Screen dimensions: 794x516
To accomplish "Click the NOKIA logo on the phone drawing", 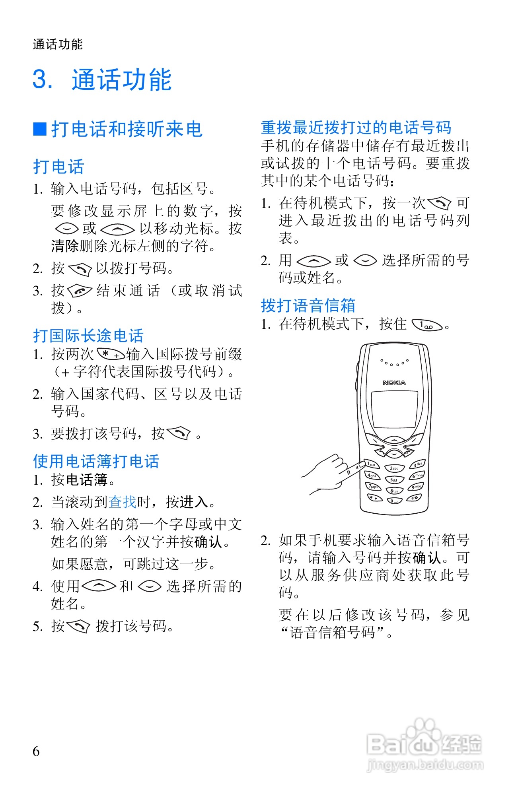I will pos(394,382).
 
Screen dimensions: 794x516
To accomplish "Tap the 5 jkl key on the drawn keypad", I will pos(395,480).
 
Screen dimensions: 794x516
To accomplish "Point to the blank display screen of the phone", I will pos(394,409).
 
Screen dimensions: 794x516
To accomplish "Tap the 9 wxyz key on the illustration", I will pos(416,486).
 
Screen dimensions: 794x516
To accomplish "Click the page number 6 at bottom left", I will pos(36,751).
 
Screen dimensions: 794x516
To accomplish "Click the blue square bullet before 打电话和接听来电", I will pos(39,129).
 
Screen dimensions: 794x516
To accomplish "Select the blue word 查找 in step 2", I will pos(123,502).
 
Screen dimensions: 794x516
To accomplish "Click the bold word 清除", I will pos(65,246).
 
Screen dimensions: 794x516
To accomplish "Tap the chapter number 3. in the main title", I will pos(43,79).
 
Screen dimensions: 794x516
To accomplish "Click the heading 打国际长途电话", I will pos(88,336).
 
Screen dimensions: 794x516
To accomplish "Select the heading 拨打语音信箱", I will pos(308,305).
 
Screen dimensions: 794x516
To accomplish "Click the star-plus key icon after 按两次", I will pos(110,354).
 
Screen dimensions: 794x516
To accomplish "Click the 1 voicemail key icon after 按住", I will pos(426,325).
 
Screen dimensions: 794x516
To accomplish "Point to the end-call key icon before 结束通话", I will pos(80,291).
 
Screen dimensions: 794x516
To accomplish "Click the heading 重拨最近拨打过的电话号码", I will pos(356,128).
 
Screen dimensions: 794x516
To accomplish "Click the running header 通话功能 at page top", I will pos(58,44).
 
